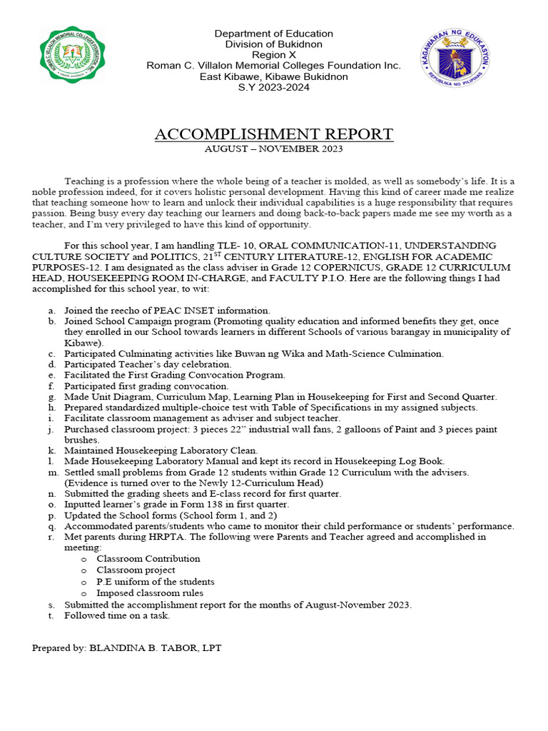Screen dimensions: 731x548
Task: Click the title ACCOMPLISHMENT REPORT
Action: click(273, 134)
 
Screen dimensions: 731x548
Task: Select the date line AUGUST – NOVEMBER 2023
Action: click(273, 149)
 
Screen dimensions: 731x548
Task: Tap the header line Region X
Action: click(273, 55)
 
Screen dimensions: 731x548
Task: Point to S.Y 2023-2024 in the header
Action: click(273, 87)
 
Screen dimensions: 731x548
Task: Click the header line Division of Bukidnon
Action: click(273, 44)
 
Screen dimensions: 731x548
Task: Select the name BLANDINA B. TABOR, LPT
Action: click(155, 647)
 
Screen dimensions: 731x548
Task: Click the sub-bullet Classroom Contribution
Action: click(148, 558)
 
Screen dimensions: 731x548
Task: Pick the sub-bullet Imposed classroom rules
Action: click(150, 593)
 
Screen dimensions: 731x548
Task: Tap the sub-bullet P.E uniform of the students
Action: click(156, 581)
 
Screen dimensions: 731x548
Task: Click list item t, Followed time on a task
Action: click(117, 615)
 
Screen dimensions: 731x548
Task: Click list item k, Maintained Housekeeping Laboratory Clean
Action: click(161, 450)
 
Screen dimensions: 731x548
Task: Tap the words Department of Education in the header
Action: click(273, 34)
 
